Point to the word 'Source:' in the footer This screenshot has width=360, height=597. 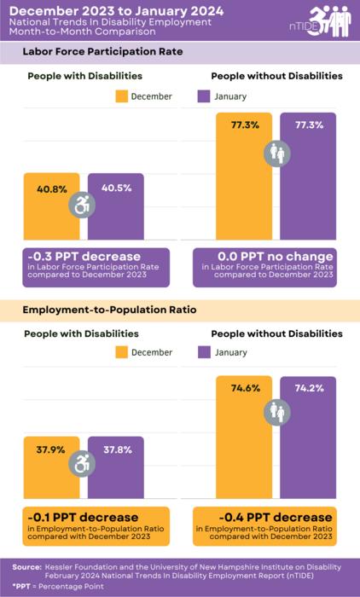point(27,566)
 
